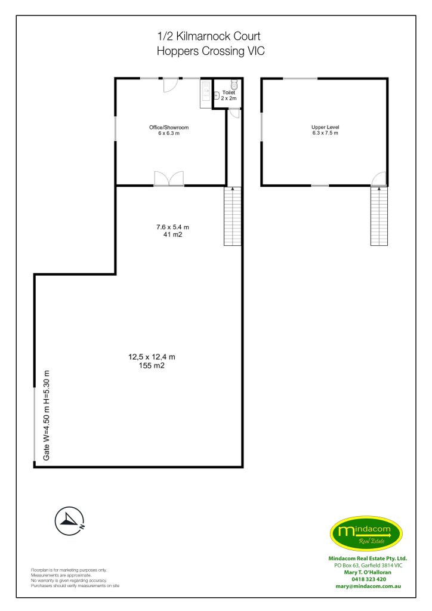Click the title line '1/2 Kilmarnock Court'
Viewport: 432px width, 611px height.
pyautogui.click(x=209, y=36)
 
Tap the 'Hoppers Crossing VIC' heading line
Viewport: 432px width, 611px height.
pyautogui.click(x=211, y=51)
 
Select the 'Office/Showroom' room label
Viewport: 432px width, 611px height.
pyautogui.click(x=169, y=128)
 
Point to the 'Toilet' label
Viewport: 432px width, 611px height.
pyautogui.click(x=229, y=92)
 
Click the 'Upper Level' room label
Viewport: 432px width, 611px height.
pyautogui.click(x=325, y=127)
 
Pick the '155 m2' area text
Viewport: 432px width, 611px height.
pyautogui.click(x=152, y=366)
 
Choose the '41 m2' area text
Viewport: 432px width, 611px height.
pyautogui.click(x=172, y=234)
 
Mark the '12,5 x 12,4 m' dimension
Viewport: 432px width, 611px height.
pyautogui.click(x=152, y=357)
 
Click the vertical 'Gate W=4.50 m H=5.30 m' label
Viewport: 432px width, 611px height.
pyautogui.click(x=47, y=415)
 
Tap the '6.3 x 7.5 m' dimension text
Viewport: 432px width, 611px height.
pyautogui.click(x=325, y=133)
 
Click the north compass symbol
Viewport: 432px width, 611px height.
pyautogui.click(x=69, y=521)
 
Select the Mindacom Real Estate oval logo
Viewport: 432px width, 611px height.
pyautogui.click(x=366, y=533)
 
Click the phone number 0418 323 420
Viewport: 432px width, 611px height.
pyautogui.click(x=369, y=579)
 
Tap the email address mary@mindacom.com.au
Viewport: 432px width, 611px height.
pyautogui.click(x=368, y=587)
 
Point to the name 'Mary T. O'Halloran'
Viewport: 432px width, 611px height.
pyautogui.click(x=368, y=572)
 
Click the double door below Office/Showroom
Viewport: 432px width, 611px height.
pyautogui.click(x=169, y=179)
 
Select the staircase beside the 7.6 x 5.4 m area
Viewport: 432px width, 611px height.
pyautogui.click(x=233, y=216)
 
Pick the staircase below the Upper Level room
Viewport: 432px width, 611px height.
pyautogui.click(x=379, y=216)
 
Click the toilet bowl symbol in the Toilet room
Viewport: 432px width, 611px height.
pyautogui.click(x=234, y=85)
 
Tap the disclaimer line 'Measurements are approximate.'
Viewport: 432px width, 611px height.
pyautogui.click(x=61, y=575)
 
